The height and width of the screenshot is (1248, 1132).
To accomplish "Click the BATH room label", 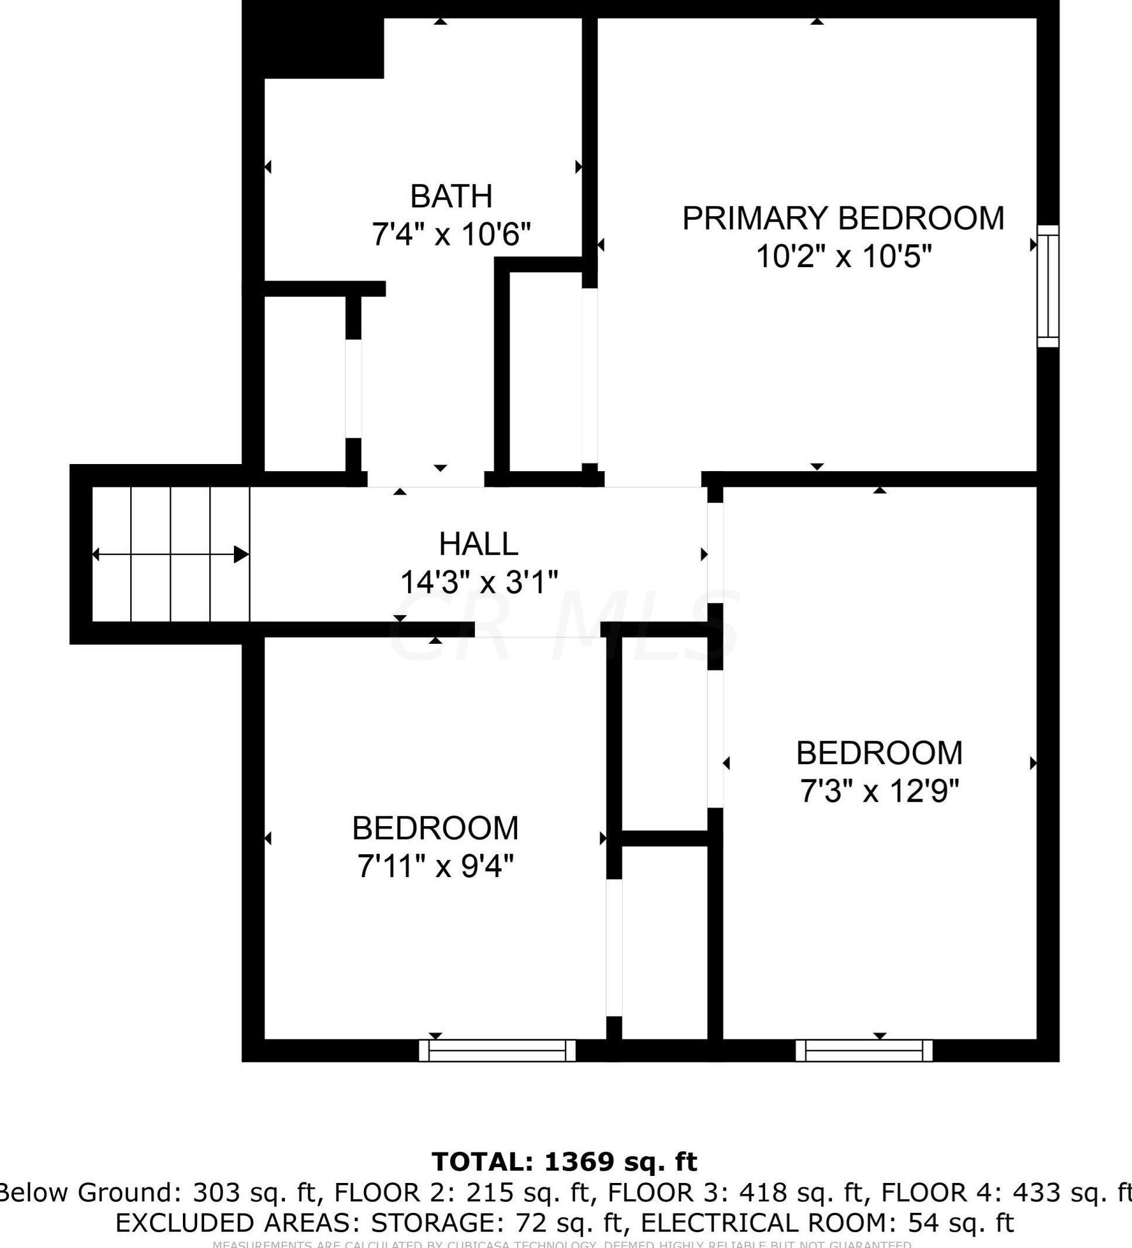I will click(451, 196).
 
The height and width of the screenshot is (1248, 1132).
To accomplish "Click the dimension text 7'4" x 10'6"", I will click(451, 234).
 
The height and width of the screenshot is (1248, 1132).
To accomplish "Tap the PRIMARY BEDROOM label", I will click(843, 218).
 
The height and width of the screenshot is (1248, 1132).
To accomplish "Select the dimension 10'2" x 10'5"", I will click(843, 256).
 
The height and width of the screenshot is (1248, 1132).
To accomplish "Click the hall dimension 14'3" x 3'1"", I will click(479, 582).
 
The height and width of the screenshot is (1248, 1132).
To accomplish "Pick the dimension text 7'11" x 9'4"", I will click(435, 865).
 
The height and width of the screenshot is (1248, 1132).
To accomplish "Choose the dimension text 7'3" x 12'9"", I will click(879, 791).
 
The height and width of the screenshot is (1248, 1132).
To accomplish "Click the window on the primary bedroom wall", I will click(1048, 286).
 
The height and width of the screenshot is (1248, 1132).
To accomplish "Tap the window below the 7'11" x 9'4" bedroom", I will click(497, 1051).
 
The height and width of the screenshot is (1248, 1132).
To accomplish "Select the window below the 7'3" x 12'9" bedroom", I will click(864, 1051).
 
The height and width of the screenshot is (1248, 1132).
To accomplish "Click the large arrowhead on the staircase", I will click(241, 555).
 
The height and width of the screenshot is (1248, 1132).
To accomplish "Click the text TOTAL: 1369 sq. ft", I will click(564, 1162).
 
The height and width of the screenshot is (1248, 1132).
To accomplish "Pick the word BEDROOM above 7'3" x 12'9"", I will click(879, 753).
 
